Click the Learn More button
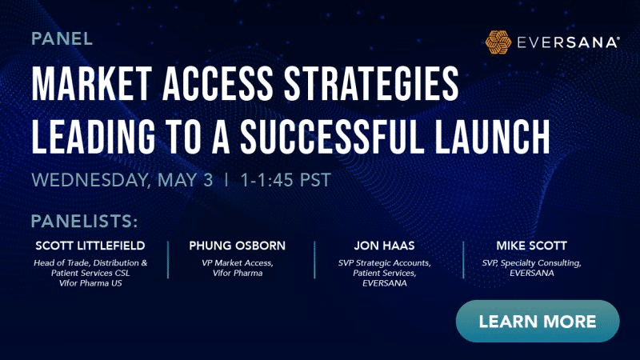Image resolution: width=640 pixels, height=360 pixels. point(538,322)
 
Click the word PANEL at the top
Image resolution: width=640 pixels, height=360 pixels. point(62,38)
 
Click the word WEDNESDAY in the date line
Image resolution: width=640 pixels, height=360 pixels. point(88,180)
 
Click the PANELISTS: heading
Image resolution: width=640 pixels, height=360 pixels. point(85,220)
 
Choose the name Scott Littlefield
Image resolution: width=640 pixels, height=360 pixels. point(90,245)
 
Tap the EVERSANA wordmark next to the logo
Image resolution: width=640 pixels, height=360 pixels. point(570,42)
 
